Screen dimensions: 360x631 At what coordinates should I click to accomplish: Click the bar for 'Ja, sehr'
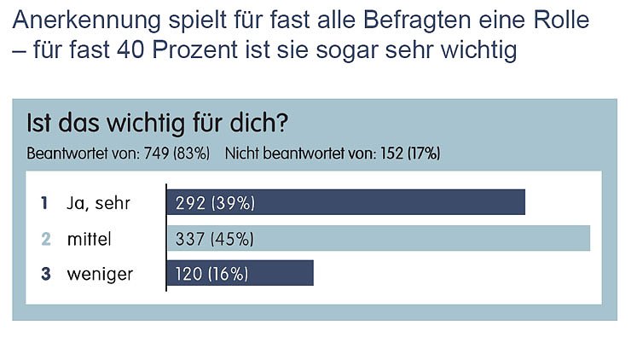(x=345, y=202)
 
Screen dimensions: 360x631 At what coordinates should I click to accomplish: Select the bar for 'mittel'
(x=378, y=238)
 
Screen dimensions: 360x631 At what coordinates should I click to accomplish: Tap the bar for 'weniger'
(x=240, y=273)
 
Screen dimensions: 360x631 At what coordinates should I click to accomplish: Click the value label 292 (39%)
(x=215, y=203)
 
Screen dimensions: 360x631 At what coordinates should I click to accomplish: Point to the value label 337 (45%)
(x=215, y=239)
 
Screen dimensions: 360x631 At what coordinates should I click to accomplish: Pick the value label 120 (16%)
(x=211, y=274)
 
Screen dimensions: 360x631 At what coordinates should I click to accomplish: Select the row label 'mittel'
(x=90, y=239)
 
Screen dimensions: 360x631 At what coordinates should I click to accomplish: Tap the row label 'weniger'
(x=101, y=274)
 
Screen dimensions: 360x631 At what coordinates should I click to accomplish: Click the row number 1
(x=45, y=203)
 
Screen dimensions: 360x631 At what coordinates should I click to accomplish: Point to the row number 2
(x=46, y=239)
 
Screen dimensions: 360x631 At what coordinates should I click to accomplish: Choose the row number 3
(x=46, y=274)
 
